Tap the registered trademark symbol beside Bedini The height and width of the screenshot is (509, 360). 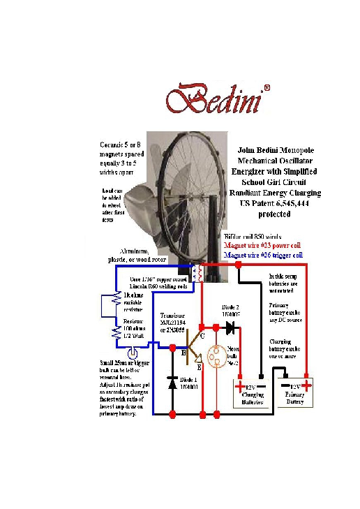tap(267, 89)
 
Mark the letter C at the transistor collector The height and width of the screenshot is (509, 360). tap(202, 337)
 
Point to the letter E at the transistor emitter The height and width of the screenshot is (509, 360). tap(199, 366)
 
